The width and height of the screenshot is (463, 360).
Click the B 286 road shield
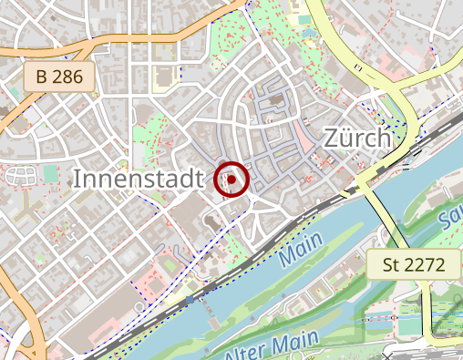[x=61, y=77]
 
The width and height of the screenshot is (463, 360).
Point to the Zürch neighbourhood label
[x=357, y=139]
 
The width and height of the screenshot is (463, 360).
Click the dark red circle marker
[x=232, y=180]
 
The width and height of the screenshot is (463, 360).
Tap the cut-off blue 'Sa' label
[x=448, y=219]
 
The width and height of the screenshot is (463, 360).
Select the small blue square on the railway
[x=190, y=299]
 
